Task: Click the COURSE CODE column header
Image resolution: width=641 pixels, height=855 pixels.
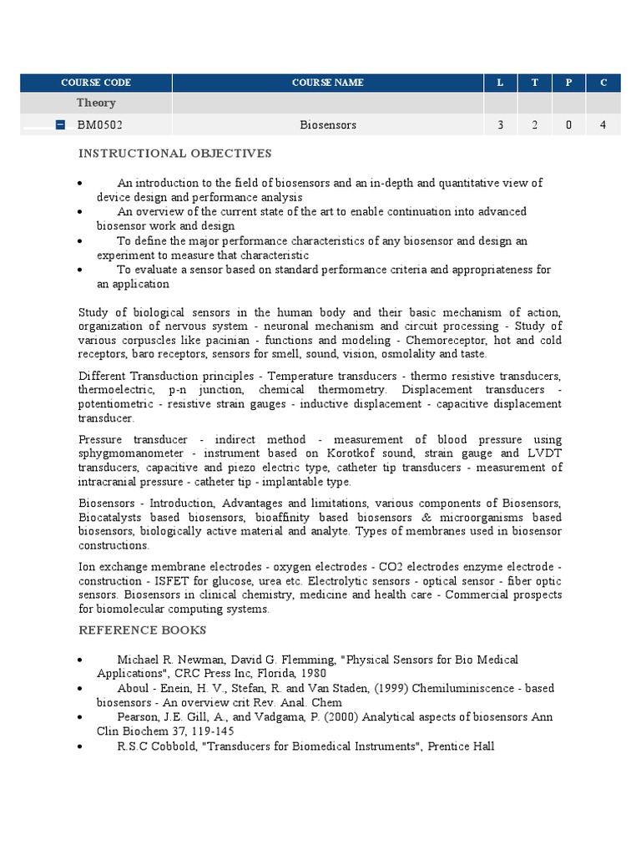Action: point(96,83)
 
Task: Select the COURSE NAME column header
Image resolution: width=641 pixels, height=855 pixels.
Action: point(327,83)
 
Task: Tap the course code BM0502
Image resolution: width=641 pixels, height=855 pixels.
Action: point(100,125)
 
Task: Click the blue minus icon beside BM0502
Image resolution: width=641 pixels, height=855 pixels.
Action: point(60,125)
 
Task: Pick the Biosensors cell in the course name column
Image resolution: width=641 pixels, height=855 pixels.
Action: point(328,125)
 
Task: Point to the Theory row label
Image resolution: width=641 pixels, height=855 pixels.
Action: point(96,103)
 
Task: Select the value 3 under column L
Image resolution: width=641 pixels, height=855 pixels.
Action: point(500,125)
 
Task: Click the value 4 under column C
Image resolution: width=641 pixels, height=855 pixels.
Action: point(603,125)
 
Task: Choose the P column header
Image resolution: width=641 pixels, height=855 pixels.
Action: point(568,83)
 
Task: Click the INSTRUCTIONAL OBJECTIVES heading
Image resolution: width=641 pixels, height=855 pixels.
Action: point(175,154)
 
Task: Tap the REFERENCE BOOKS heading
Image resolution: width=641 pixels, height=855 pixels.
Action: point(142,630)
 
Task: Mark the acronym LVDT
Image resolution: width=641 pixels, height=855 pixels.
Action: point(547,453)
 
